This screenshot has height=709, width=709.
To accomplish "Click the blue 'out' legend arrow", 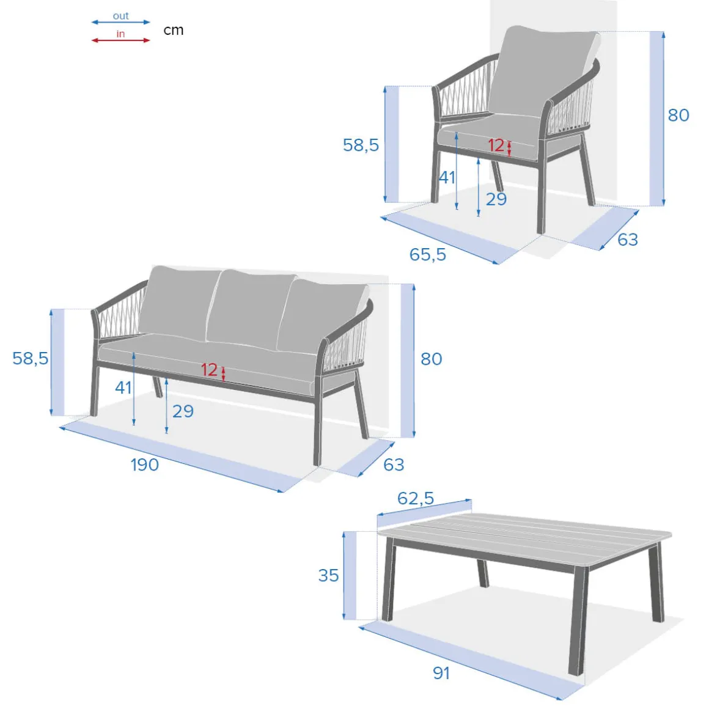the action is coord(121,22).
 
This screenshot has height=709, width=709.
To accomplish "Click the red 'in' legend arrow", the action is coord(121,40).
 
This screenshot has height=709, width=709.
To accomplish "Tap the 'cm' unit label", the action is coord(174,31).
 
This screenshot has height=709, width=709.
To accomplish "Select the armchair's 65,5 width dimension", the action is coord(428,255).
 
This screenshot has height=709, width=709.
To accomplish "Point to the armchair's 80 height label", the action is coord(678,116).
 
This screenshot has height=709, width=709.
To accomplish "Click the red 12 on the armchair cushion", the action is coord(496,145).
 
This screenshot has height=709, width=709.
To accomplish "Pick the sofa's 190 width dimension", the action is coord(145,465).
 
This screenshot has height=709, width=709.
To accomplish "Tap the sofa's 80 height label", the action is coord(431,359).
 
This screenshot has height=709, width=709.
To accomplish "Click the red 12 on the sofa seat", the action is coord(210,370).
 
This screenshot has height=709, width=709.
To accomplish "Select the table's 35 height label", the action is coord(328,576).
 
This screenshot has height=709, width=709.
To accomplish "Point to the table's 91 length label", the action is coord(441,674).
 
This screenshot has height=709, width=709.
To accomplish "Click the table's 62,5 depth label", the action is coord(416,498).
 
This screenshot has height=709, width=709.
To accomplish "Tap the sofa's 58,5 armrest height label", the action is coord(31,359).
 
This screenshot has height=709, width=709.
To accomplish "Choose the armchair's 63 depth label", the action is coord(628,240).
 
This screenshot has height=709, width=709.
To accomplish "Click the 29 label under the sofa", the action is coord(183,411).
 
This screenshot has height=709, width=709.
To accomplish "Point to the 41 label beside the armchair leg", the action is coord(447,178).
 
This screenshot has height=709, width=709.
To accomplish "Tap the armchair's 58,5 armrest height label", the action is coord(361,145).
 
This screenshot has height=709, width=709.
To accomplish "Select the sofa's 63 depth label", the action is coord(394,465).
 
